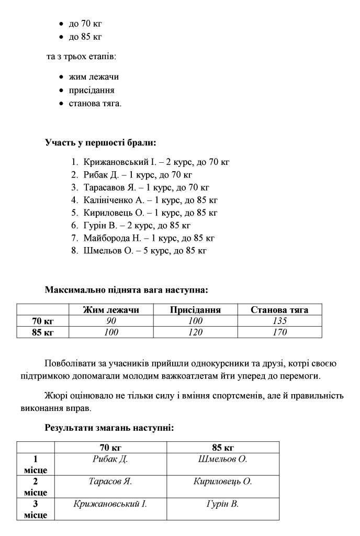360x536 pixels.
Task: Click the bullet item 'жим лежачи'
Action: click(x=94, y=76)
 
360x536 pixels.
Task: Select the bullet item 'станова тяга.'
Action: click(x=95, y=103)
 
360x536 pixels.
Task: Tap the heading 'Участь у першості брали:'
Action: click(x=100, y=142)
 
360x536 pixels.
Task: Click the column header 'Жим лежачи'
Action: click(x=111, y=309)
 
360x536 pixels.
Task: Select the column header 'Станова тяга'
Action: click(x=279, y=309)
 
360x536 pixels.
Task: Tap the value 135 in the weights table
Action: click(x=280, y=321)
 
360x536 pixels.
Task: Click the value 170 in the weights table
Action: click(x=280, y=332)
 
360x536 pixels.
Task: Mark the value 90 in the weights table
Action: click(x=111, y=321)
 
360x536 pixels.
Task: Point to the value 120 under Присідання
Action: click(x=195, y=332)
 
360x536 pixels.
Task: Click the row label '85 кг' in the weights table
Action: click(x=43, y=332)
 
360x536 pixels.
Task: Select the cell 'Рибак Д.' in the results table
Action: click(x=110, y=459)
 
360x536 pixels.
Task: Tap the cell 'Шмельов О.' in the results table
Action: click(x=222, y=459)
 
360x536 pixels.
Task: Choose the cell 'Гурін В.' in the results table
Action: click(x=222, y=504)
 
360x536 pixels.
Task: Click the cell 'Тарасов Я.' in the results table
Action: click(x=110, y=482)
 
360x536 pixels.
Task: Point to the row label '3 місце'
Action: click(x=36, y=509)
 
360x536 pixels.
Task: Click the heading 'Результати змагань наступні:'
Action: click(x=109, y=428)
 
